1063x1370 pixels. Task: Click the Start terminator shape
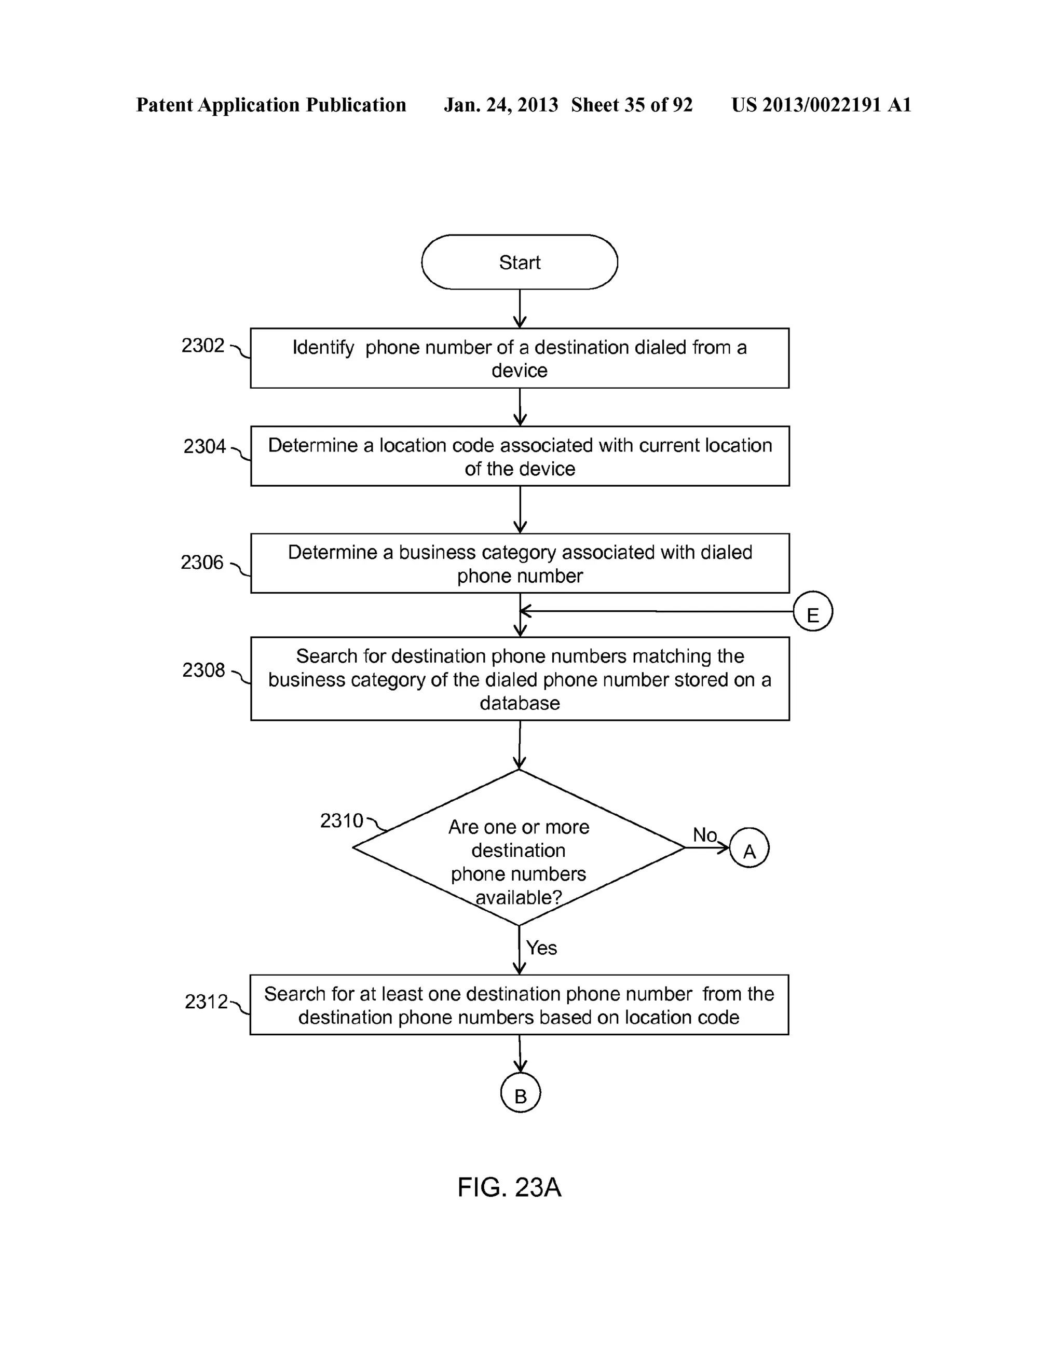tap(519, 262)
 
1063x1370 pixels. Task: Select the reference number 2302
tap(202, 346)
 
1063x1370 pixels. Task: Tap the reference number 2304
tap(204, 447)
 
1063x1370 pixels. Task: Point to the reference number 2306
tap(202, 563)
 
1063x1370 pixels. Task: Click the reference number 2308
tap(203, 670)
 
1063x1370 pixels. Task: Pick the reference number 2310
tap(342, 820)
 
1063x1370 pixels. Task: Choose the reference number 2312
tap(206, 1002)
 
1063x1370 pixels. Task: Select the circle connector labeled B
tap(520, 1093)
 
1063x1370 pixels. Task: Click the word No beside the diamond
tap(704, 835)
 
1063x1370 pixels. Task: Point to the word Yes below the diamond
tap(541, 948)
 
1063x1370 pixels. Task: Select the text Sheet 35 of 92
tap(631, 105)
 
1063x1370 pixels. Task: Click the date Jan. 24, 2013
tap(501, 105)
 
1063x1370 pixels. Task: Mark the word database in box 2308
tap(520, 703)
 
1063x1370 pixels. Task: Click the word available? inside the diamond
tap(519, 898)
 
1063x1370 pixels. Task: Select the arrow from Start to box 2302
tap(520, 309)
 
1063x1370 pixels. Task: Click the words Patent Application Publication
tap(271, 105)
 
